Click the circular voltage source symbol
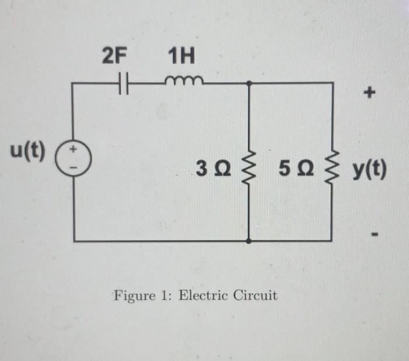click(x=75, y=159)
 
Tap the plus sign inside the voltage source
click(x=75, y=151)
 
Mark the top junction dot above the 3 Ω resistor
click(x=250, y=83)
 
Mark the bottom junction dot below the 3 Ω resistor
click(x=250, y=240)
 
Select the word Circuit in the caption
click(x=255, y=295)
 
